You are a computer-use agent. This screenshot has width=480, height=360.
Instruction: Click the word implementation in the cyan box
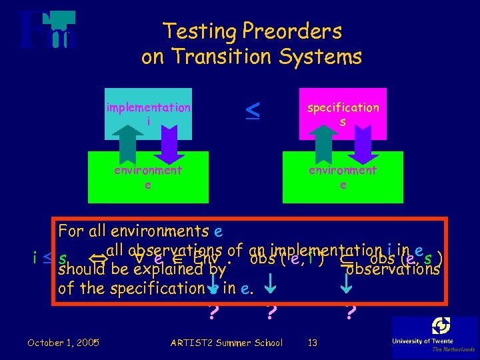[x=148, y=107]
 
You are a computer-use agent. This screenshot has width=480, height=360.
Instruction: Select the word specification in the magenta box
[x=343, y=107]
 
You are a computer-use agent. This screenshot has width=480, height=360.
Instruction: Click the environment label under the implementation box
[x=148, y=170]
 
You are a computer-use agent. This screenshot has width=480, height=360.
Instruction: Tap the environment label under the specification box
[x=343, y=170]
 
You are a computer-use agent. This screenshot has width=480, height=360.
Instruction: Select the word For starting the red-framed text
[x=71, y=231]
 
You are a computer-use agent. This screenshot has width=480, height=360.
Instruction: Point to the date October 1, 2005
[x=63, y=343]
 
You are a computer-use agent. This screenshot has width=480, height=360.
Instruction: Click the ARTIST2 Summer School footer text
[x=227, y=343]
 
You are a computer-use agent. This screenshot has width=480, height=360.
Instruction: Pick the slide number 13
[x=312, y=343]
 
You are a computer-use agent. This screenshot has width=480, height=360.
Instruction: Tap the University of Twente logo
[x=433, y=337]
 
